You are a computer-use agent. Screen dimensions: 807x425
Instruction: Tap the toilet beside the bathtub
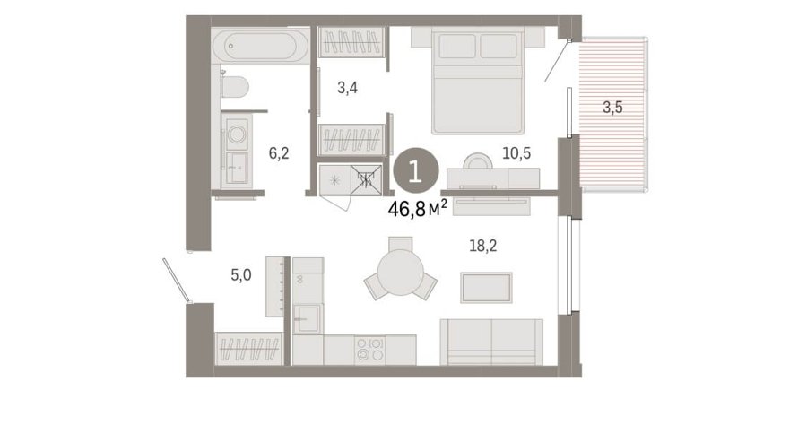point(235,86)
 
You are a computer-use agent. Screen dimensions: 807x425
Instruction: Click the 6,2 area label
point(279,152)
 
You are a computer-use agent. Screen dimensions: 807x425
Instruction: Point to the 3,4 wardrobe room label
point(347,88)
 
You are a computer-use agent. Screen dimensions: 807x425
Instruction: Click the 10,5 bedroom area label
point(516,152)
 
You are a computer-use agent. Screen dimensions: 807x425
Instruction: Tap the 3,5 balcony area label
point(612,108)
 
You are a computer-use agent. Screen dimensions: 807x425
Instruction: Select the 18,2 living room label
point(483,246)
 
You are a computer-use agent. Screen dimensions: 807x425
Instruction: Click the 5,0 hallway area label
point(241,275)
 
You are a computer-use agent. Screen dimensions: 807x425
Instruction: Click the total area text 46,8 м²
point(417,208)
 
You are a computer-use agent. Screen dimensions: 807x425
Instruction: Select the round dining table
point(401,273)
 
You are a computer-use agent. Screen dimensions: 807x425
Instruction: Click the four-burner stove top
point(370,350)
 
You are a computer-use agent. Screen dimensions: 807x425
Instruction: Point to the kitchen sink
point(308,319)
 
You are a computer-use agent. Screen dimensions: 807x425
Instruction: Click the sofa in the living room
point(491,343)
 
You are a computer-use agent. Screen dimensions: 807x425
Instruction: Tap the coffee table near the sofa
point(486,288)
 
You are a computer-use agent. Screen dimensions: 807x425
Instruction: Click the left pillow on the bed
point(457,47)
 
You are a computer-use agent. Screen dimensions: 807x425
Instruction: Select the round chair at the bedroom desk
point(478,161)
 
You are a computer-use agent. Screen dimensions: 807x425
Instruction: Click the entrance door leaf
point(177,280)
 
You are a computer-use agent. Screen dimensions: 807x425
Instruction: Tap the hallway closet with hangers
point(249,348)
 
